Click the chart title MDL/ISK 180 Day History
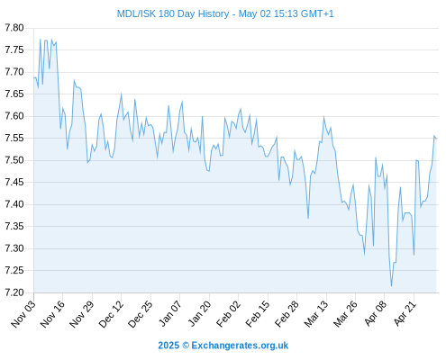tap(173, 13)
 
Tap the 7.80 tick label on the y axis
tap(14, 28)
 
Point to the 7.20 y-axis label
tap(14, 292)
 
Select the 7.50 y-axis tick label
tap(14, 160)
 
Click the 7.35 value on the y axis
tap(14, 226)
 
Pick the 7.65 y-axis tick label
tap(14, 94)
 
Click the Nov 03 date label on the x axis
tap(23, 313)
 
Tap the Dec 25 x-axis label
tap(141, 313)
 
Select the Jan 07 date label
tap(170, 313)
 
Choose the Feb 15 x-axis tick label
tap(258, 313)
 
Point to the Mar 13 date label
tap(316, 313)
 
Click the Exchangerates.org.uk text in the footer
tap(240, 346)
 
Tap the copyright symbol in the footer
tap(186, 346)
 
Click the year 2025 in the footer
tap(168, 346)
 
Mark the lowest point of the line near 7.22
tap(391, 286)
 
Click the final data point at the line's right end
tap(436, 139)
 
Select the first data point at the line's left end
tap(34, 77)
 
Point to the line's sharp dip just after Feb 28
tap(308, 218)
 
